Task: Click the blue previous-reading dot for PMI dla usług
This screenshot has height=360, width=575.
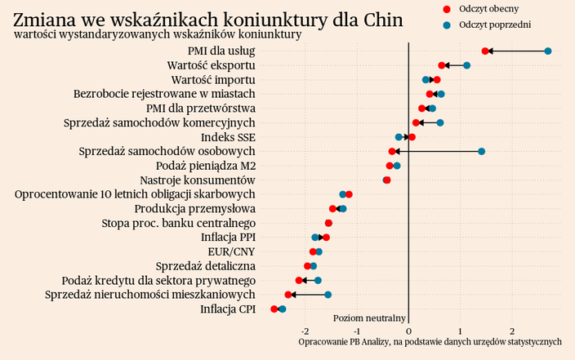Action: pos(548,51)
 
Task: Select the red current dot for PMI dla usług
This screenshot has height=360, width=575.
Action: pos(485,51)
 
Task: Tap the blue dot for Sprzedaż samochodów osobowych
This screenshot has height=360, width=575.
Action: pos(481,151)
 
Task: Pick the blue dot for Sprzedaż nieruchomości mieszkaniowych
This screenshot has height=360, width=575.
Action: pos(328,295)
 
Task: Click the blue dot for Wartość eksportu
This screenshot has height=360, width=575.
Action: pos(466,65)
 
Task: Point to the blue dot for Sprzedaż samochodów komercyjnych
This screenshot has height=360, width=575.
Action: pos(440,122)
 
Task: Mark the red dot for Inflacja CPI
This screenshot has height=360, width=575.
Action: pos(274,309)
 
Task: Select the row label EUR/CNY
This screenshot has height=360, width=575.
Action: pos(231,251)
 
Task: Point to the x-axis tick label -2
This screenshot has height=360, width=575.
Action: pos(305,331)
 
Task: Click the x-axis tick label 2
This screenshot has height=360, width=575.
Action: pos(512,331)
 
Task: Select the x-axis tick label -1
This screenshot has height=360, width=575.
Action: pos(357,331)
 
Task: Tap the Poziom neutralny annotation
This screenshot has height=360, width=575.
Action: pos(370,318)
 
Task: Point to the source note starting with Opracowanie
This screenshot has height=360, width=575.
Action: pos(430,341)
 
